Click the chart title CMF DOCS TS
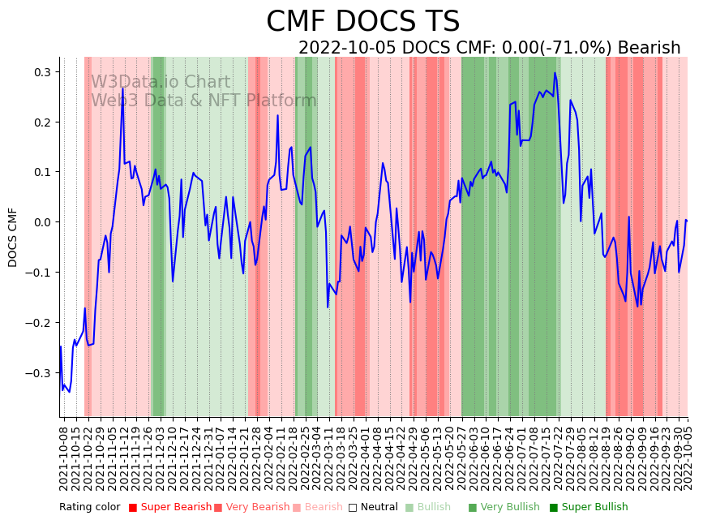[362, 22]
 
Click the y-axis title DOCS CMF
[13, 237]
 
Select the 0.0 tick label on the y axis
[41, 222]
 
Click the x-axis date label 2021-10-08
[64, 458]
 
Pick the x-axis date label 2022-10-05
[684, 458]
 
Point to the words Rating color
[89, 508]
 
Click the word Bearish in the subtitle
[649, 48]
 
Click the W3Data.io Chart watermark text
[161, 83]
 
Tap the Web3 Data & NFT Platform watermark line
[204, 101]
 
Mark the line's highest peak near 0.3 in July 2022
[555, 73]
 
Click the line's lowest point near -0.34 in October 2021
[69, 392]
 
